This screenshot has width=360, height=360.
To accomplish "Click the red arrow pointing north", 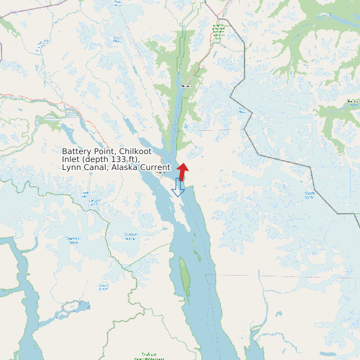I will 183,170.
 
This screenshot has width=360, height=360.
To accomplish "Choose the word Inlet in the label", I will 72,159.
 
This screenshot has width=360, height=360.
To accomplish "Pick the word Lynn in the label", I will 72,167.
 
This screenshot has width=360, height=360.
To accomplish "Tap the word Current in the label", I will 156,167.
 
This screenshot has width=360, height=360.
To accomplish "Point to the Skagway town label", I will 186,86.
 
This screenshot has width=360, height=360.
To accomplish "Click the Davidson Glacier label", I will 130,236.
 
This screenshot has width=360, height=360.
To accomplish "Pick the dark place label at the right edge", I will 352,102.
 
